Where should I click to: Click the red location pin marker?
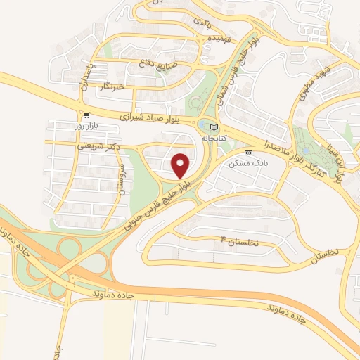tap(181, 165)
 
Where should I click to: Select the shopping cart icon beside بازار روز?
tap(86, 115)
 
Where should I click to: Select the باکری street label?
tap(199, 22)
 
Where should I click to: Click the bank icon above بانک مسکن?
tap(248, 152)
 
